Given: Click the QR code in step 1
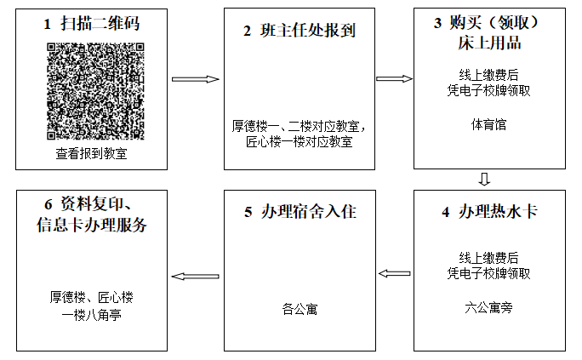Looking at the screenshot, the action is [95, 91].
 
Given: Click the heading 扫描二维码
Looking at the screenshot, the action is [100, 24].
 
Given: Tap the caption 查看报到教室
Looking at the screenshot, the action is [91, 153].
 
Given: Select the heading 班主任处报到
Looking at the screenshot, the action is [308, 31].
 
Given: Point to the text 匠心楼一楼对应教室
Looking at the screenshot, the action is [300, 142].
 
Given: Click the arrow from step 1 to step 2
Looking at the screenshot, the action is [196, 79].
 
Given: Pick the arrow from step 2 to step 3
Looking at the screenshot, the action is [394, 78].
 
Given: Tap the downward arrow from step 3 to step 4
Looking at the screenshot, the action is [484, 180].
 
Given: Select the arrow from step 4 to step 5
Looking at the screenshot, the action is [394, 274].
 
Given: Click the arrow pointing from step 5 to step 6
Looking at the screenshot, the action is [195, 277].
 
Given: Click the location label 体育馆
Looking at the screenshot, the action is [489, 125].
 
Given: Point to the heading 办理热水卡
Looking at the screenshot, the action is [498, 212].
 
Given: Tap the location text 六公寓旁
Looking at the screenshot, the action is [489, 308].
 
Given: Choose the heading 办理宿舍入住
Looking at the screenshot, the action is [309, 212].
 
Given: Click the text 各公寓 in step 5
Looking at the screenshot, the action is [300, 309].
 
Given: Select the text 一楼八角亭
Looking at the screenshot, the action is [91, 315].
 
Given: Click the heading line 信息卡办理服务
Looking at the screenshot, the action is [92, 225].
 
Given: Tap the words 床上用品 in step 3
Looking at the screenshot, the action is [489, 43].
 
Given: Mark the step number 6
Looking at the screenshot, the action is [48, 204].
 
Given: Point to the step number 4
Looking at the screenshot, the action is [446, 212].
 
